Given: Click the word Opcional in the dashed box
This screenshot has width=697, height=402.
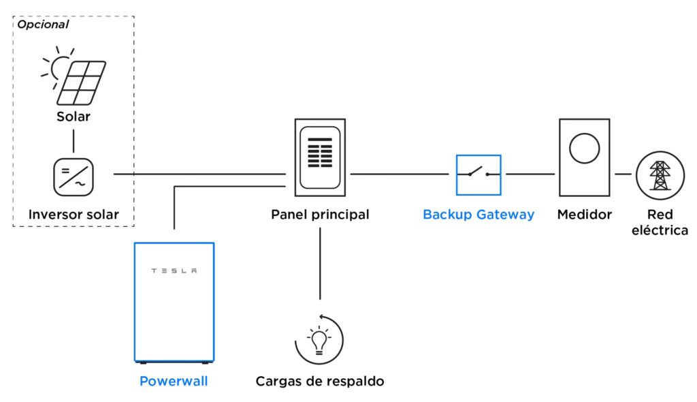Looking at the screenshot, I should pos(43,25).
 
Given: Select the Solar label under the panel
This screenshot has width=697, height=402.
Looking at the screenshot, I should pos(74,117).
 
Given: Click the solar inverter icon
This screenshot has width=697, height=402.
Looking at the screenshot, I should pos(74,176).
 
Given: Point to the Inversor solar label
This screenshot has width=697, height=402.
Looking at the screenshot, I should pos(74,215).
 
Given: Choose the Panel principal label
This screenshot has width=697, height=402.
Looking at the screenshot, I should pos(320,215).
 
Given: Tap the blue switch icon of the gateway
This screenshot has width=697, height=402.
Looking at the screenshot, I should pos(478,175).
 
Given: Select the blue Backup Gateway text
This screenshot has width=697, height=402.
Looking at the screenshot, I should pos(479,215).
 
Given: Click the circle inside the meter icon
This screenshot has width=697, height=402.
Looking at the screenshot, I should pos(584,149).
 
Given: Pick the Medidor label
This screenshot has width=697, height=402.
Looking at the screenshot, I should pos(584,215).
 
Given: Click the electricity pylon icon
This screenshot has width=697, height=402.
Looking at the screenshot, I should pos(660,175).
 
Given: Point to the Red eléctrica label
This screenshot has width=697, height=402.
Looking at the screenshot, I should pos(660,222).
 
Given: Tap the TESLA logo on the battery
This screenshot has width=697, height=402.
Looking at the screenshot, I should pos(174,270).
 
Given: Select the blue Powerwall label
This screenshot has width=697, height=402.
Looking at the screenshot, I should pos(174,382).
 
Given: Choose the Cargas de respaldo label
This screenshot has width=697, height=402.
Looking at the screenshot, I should pos(320,382).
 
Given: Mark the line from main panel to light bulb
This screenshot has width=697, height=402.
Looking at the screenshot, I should pos(320,262).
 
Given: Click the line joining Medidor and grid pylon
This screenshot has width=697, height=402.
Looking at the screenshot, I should pos(623,174).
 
